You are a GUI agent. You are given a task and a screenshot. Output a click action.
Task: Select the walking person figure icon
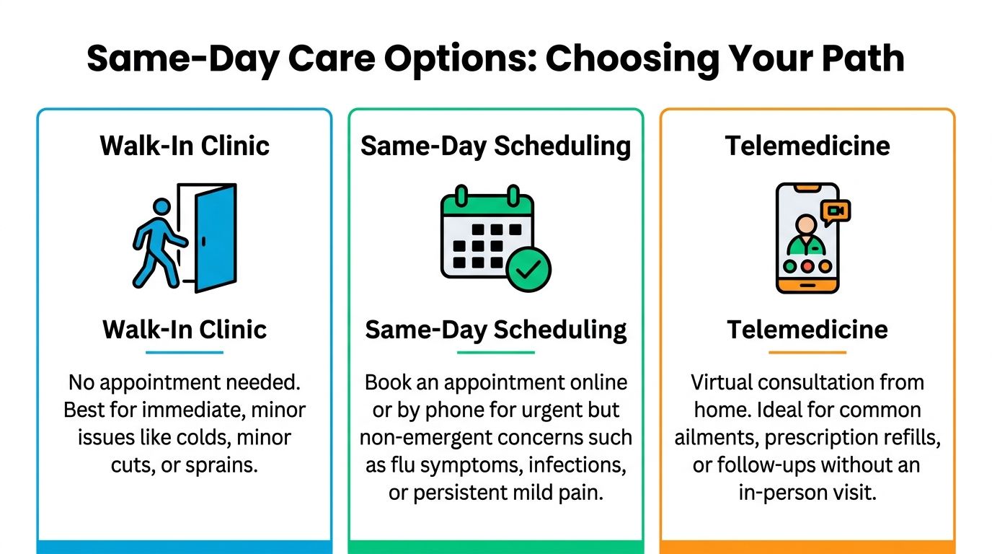click(x=159, y=243)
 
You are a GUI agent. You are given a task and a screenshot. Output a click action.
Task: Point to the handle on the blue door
click(x=205, y=239)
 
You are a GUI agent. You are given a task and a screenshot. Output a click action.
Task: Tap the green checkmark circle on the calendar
click(x=528, y=270)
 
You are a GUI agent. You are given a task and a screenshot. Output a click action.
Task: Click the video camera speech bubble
click(x=836, y=211)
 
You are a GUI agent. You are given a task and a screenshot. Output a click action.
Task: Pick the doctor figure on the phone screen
click(x=807, y=237)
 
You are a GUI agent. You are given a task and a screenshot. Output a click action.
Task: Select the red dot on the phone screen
click(x=807, y=265)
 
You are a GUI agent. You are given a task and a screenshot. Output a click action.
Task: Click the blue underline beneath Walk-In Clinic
click(x=185, y=353)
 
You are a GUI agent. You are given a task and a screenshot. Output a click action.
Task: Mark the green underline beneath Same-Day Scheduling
click(x=496, y=353)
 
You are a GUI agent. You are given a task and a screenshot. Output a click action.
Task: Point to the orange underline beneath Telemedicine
click(x=807, y=353)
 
